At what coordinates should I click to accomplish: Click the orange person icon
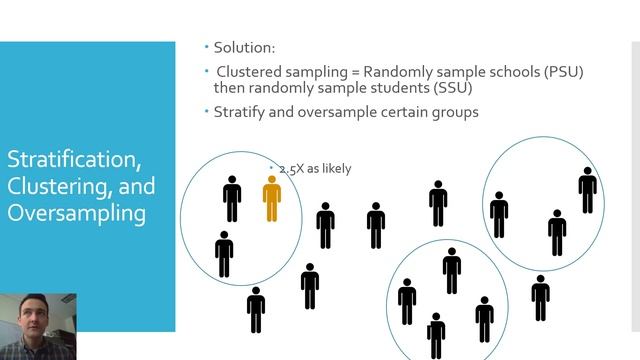click(271, 198)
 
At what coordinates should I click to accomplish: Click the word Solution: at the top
click(245, 47)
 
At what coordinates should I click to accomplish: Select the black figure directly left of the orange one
click(232, 198)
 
